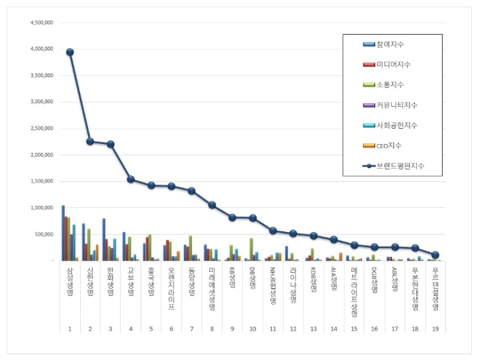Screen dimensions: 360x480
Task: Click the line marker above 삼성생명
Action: pyautogui.click(x=70, y=52)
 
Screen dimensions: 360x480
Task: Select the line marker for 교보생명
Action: pyautogui.click(x=131, y=179)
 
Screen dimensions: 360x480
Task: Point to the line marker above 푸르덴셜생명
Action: pyautogui.click(x=435, y=255)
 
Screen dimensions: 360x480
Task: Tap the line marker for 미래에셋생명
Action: pyautogui.click(x=212, y=205)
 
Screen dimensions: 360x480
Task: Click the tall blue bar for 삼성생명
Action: pyautogui.click(x=63, y=233)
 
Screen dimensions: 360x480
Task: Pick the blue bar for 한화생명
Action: pyautogui.click(x=104, y=239)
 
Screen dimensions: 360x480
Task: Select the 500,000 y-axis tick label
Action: pyautogui.click(x=43, y=234)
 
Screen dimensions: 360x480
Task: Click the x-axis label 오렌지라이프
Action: pyautogui.click(x=172, y=277)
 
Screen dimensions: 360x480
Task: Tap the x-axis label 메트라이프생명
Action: pyautogui.click(x=354, y=281)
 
